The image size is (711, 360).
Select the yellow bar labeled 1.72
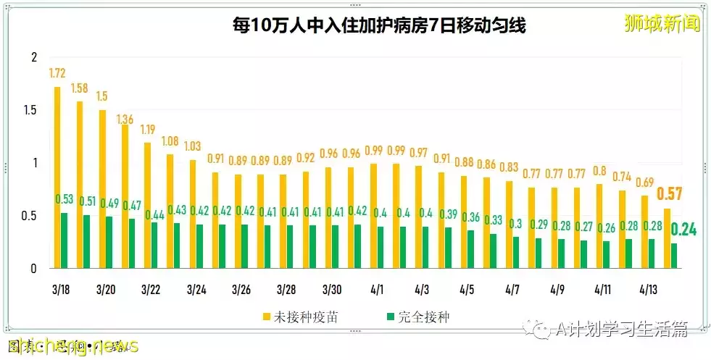57,177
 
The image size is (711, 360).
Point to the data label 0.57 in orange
670,194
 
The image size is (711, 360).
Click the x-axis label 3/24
196,290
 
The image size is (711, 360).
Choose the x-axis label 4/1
377,290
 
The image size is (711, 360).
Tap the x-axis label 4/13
647,290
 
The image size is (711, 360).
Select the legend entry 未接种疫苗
299,317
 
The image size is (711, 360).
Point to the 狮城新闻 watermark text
662,23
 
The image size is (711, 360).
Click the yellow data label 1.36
125,119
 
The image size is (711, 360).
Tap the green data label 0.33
494,219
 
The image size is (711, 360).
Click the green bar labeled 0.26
606,254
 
